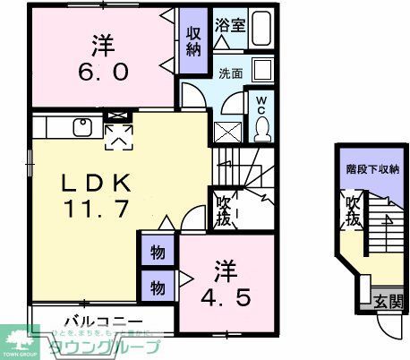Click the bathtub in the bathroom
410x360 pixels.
[x=262, y=28]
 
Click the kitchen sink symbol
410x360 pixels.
[x=81, y=126]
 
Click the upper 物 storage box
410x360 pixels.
[x=157, y=253]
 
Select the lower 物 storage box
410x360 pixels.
[x=157, y=287]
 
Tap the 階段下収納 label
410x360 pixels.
[x=372, y=168]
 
